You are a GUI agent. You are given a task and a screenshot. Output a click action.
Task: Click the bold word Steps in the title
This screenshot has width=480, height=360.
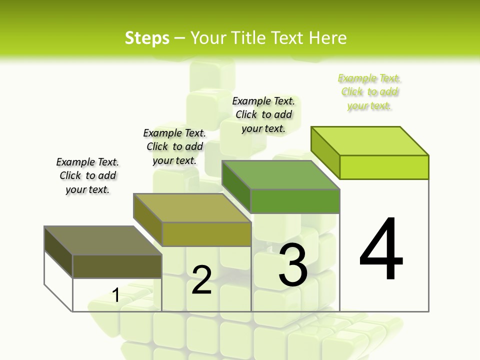(146, 38)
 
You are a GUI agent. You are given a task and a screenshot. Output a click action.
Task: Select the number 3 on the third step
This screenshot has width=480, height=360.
(292, 265)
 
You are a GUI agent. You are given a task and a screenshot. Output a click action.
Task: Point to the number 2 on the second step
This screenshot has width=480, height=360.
(201, 280)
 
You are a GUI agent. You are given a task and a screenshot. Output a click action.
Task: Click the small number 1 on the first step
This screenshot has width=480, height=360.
(115, 295)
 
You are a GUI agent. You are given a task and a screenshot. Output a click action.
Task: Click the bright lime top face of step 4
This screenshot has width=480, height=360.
(369, 141)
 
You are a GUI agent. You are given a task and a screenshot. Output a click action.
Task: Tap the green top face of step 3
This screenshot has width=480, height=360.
(281, 175)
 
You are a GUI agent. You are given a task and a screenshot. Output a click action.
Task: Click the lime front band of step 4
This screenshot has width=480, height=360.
(384, 167)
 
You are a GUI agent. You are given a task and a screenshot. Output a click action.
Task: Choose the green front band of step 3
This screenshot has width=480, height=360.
(295, 201)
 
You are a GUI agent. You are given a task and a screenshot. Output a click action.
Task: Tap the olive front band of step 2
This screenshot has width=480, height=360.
(206, 234)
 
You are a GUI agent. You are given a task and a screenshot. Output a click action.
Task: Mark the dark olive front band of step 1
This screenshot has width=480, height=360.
(117, 266)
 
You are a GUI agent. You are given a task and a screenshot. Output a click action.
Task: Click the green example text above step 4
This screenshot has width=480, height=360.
(369, 92)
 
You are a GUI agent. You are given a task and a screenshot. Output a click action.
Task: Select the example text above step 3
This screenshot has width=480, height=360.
(263, 115)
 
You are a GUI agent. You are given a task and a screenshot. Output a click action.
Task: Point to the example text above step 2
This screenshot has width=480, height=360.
(174, 146)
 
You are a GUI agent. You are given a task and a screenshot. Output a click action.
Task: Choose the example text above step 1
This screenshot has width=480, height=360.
(87, 175)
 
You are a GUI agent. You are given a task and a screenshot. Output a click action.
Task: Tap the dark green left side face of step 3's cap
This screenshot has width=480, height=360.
(236, 186)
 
